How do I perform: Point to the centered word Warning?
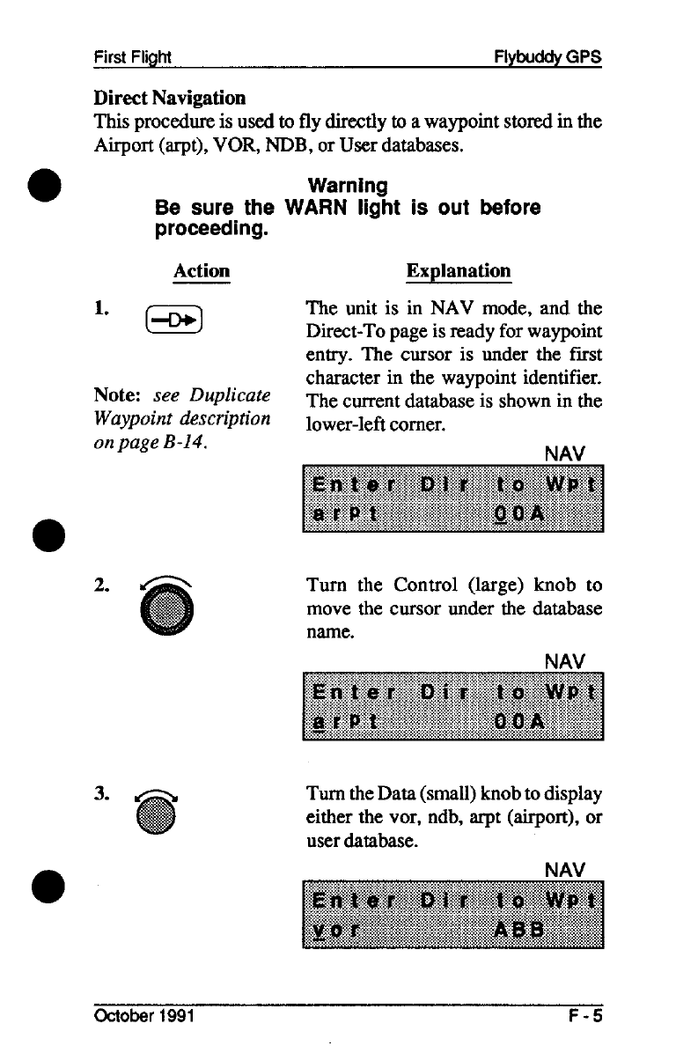348,186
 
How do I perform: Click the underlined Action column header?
202,270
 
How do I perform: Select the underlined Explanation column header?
458,270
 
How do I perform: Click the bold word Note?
116,397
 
